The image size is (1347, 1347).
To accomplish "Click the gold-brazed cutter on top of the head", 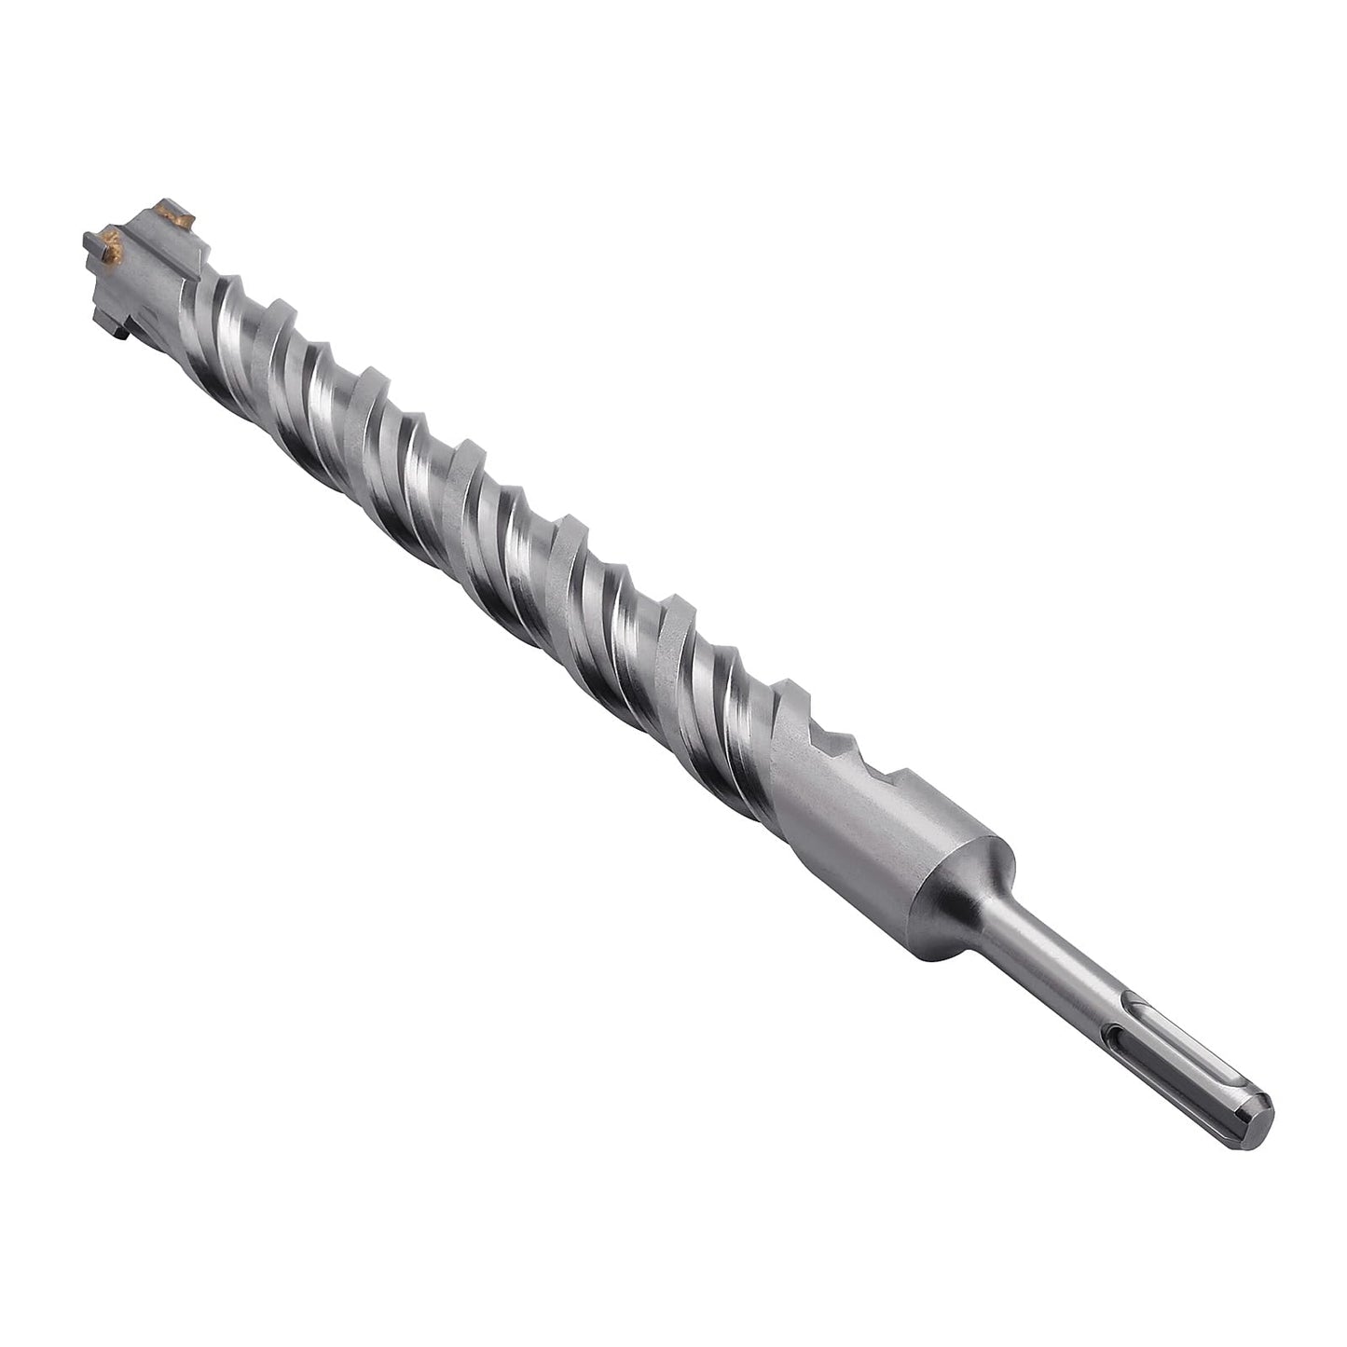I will pos(175,215).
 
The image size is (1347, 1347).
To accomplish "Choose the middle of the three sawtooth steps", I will pos(844,736).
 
